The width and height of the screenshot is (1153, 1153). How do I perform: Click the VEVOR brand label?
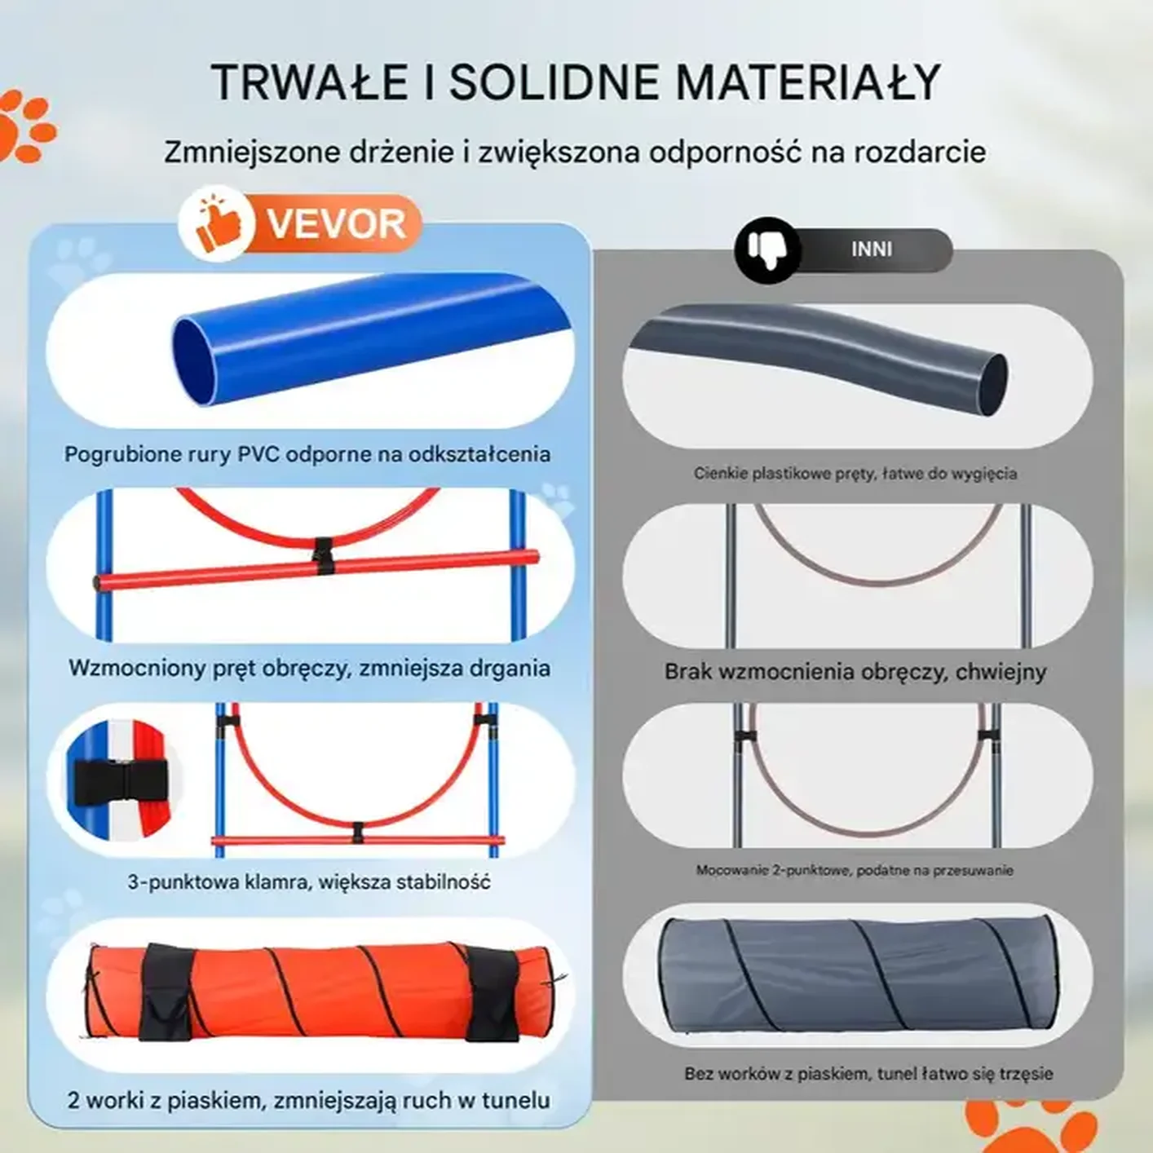336,223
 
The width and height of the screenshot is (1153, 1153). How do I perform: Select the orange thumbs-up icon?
217,223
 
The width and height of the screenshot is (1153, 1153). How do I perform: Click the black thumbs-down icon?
768,250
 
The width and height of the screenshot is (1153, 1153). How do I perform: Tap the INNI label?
872,249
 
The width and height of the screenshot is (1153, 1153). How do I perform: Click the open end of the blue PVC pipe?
194,363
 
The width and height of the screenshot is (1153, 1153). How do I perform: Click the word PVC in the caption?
258,454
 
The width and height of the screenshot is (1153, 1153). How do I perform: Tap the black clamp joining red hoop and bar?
324,556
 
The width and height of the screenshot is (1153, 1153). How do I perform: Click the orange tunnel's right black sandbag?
492,994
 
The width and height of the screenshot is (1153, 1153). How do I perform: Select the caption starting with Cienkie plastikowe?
855,474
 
